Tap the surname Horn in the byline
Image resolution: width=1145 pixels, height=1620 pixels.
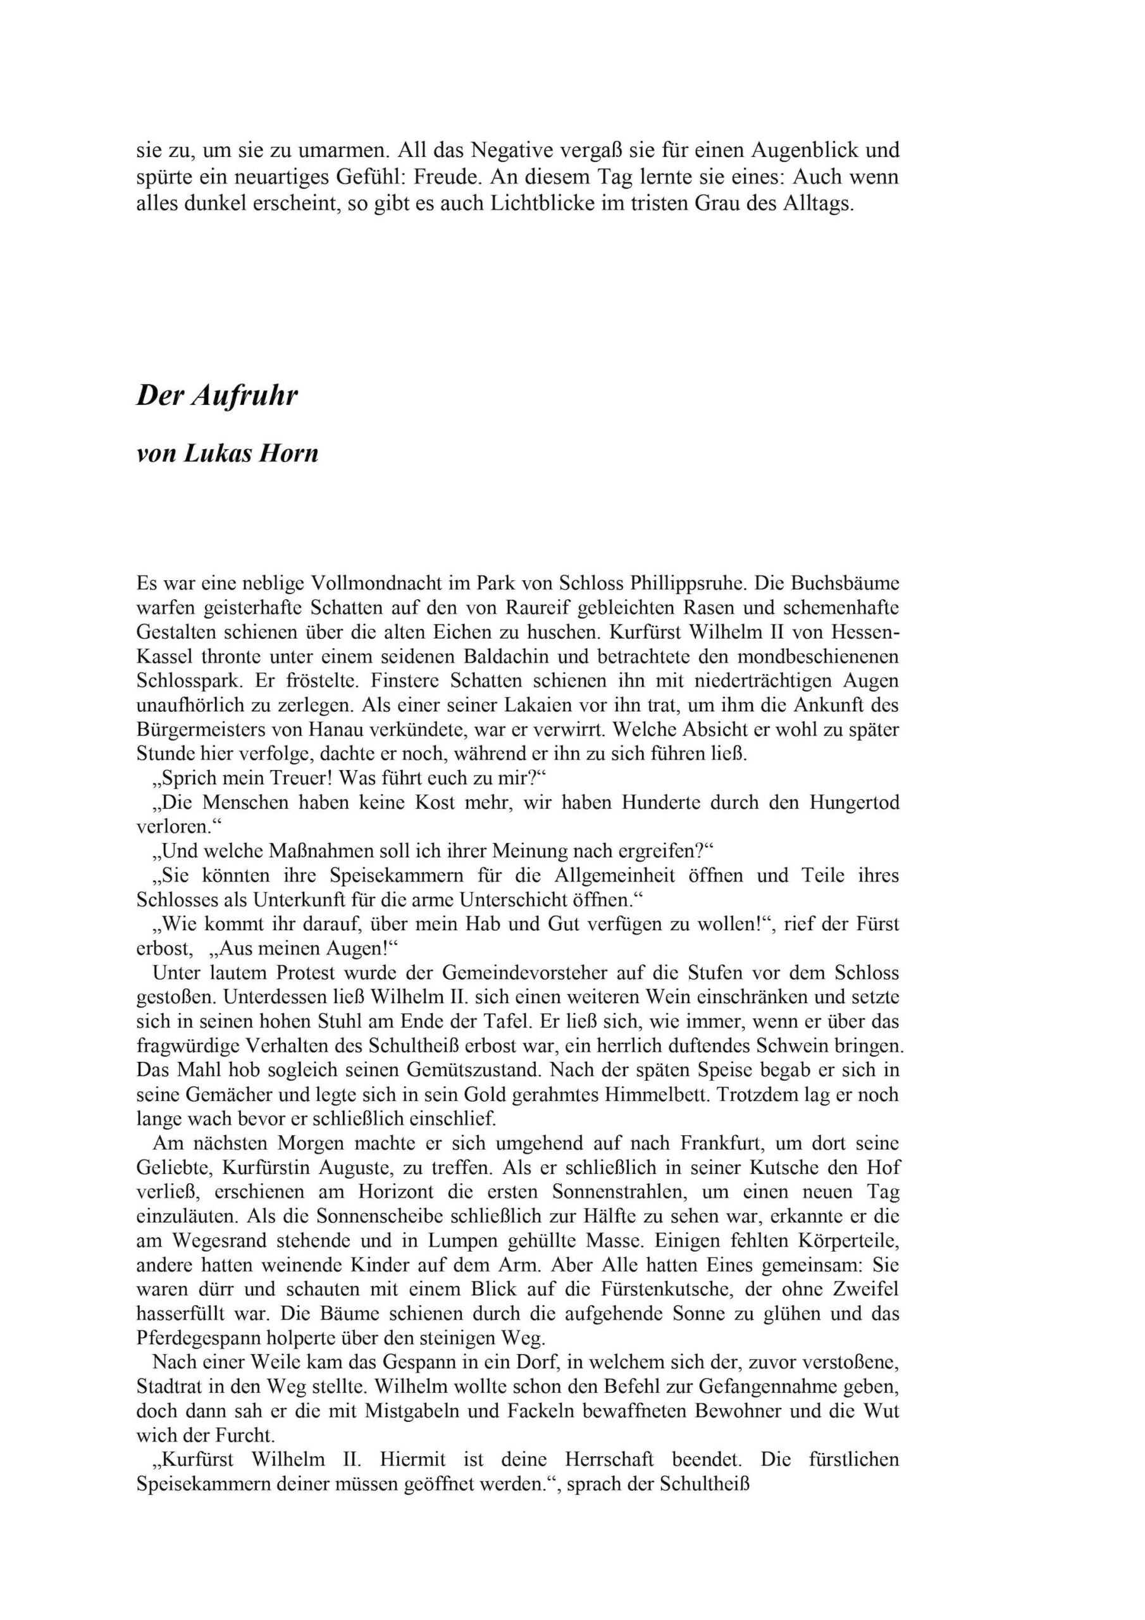point(290,454)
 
